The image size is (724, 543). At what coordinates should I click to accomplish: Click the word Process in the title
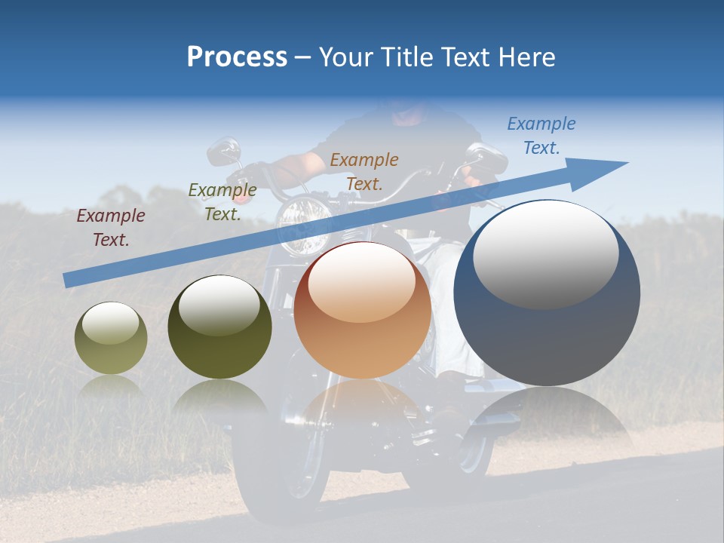pyautogui.click(x=237, y=57)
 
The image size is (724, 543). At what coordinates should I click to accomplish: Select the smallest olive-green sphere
pyautogui.click(x=111, y=339)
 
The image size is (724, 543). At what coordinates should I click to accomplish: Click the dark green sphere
pyautogui.click(x=219, y=327)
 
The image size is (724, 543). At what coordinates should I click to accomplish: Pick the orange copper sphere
pyautogui.click(x=362, y=311)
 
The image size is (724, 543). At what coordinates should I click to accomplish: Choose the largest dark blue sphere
pyautogui.click(x=547, y=294)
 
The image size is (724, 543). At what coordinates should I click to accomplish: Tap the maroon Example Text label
pyautogui.click(x=111, y=228)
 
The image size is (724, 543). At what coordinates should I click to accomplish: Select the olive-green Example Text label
pyautogui.click(x=222, y=202)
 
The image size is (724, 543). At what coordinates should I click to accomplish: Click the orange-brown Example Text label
pyautogui.click(x=364, y=171)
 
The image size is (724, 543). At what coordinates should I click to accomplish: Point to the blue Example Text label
pyautogui.click(x=541, y=136)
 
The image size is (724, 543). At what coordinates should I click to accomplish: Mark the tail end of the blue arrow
pyautogui.click(x=68, y=280)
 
